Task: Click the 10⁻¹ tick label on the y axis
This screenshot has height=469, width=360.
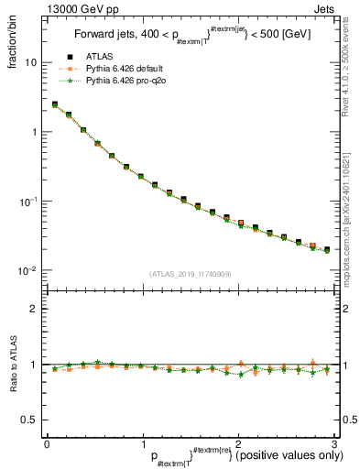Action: click(x=28, y=201)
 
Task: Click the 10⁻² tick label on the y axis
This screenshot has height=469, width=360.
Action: click(x=28, y=270)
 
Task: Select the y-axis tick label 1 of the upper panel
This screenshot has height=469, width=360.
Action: click(x=35, y=132)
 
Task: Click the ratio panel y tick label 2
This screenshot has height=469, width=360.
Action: click(x=35, y=309)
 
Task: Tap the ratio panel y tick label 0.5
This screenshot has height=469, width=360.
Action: click(x=30, y=420)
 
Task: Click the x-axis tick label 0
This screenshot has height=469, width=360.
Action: click(x=47, y=443)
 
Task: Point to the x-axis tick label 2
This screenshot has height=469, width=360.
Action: click(x=237, y=443)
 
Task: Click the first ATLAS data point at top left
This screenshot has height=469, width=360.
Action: click(x=55, y=104)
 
